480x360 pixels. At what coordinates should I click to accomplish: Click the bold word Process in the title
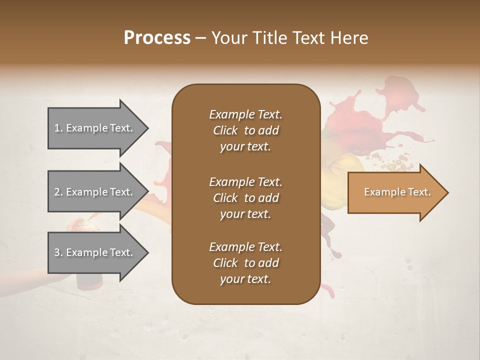[157, 38]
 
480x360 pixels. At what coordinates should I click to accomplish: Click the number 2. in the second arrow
[58, 192]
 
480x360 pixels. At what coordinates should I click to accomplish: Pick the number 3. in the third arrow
[58, 252]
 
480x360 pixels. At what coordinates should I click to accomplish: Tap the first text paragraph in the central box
[245, 130]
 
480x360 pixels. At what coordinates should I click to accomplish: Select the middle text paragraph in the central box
[245, 197]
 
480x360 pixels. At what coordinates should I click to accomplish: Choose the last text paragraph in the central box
[245, 263]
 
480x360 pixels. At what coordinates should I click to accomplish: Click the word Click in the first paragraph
[225, 130]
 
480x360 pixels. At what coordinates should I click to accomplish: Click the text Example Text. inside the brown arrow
[397, 192]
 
